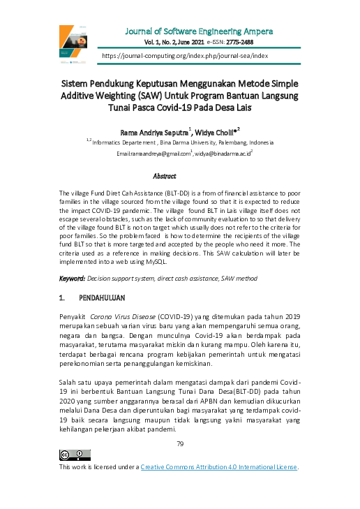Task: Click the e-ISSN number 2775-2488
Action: (x=256, y=43)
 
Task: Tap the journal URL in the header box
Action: (x=185, y=54)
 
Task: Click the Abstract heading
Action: (x=165, y=177)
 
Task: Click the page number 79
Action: (x=179, y=425)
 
